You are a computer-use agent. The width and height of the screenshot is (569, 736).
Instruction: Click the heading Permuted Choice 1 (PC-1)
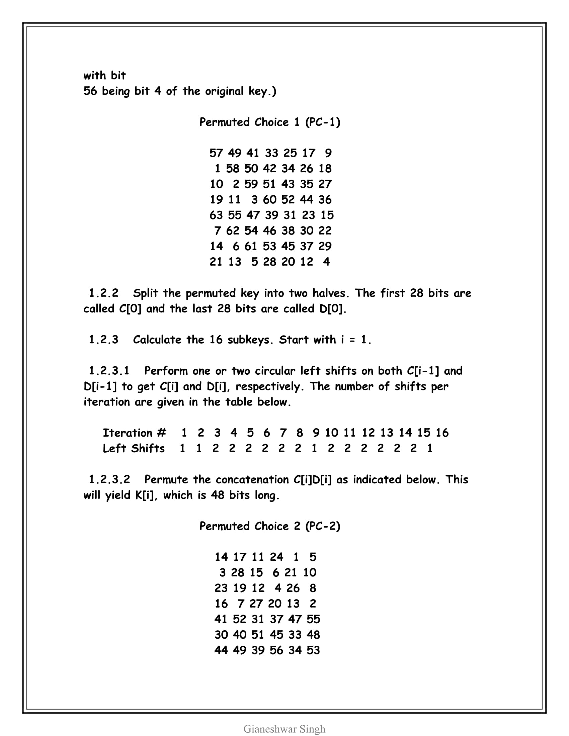coord(270,122)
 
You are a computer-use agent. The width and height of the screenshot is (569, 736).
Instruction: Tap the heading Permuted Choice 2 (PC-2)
coord(270,526)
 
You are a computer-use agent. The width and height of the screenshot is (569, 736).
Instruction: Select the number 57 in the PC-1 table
coord(216,153)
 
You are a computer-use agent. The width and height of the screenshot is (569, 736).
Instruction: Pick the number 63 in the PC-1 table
coord(216,215)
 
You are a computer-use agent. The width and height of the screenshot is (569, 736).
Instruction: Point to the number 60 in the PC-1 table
coord(270,199)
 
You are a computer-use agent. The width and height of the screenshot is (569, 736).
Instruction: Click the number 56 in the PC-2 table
coord(276,650)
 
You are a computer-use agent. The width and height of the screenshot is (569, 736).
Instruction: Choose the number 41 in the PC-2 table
coord(221,619)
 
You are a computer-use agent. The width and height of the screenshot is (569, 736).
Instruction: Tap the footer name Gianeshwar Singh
coord(284,729)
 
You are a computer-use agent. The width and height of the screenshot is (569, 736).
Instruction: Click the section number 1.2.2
coord(103,293)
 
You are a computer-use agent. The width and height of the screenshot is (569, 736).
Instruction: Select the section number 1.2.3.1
coord(109,371)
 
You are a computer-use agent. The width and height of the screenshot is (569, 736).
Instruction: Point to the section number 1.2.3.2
coord(109,479)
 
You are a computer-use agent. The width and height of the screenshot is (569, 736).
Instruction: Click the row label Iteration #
coord(134,433)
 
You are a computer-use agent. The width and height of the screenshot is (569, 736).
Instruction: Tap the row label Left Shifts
coord(134,448)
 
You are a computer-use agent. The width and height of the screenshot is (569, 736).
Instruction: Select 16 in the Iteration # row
coord(442,433)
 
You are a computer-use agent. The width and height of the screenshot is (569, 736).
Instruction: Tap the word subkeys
coord(250,340)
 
